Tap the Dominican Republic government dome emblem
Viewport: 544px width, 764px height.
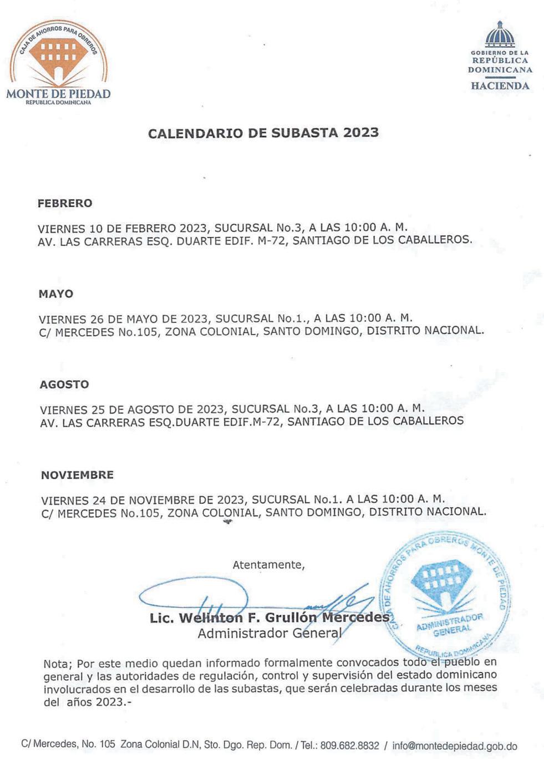point(500,35)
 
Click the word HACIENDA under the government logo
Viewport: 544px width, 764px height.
point(500,86)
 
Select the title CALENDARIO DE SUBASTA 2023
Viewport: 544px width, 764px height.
point(263,133)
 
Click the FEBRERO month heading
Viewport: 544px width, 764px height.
point(65,203)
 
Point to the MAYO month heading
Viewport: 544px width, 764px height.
point(56,294)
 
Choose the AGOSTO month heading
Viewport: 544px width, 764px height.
point(64,384)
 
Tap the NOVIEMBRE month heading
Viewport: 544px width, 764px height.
point(77,475)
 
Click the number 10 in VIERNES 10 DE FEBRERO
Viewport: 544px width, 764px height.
point(96,228)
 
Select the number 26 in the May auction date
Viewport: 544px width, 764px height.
point(98,318)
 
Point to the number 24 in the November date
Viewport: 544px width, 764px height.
point(100,499)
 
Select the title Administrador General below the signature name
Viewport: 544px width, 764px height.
point(270,633)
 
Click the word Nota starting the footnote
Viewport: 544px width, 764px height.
point(57,664)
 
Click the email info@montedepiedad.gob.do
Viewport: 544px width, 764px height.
point(454,746)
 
